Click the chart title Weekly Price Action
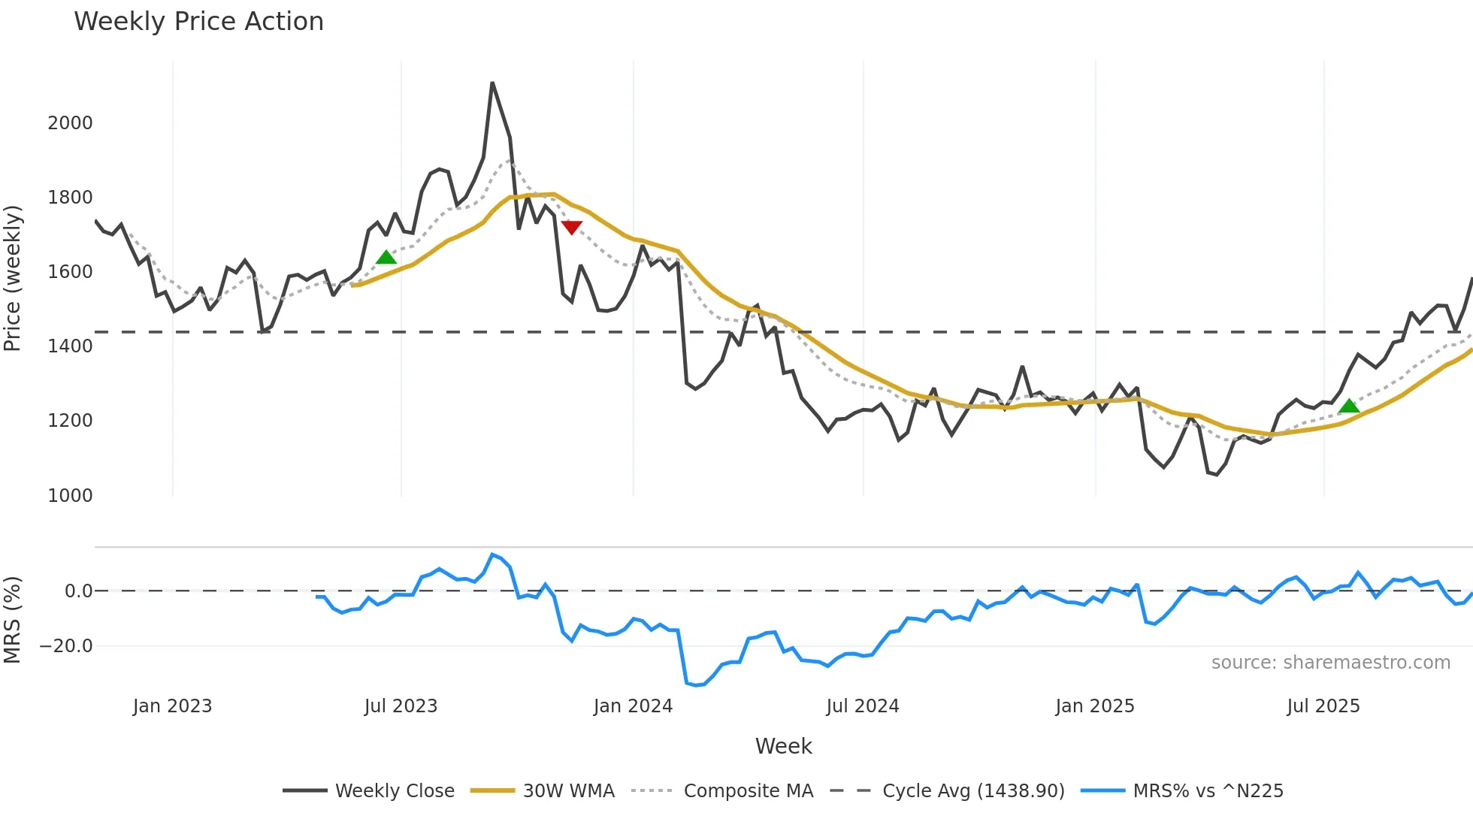(x=198, y=22)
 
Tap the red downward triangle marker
(x=571, y=227)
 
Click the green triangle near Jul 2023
(x=386, y=258)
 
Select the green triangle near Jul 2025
(x=1349, y=406)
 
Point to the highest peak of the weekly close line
(x=492, y=83)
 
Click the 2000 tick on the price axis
(x=70, y=123)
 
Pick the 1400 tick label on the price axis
(x=70, y=346)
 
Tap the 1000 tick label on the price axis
(x=70, y=496)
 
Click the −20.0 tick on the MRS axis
(x=66, y=646)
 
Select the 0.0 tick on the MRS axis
(x=78, y=591)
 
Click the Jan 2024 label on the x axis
(x=633, y=706)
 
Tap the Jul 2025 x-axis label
(x=1323, y=706)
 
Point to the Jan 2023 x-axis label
(x=172, y=706)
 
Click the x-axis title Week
(x=783, y=746)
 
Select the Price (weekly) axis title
(x=13, y=278)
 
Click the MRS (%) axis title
(x=13, y=620)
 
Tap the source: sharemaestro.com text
(x=1330, y=663)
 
